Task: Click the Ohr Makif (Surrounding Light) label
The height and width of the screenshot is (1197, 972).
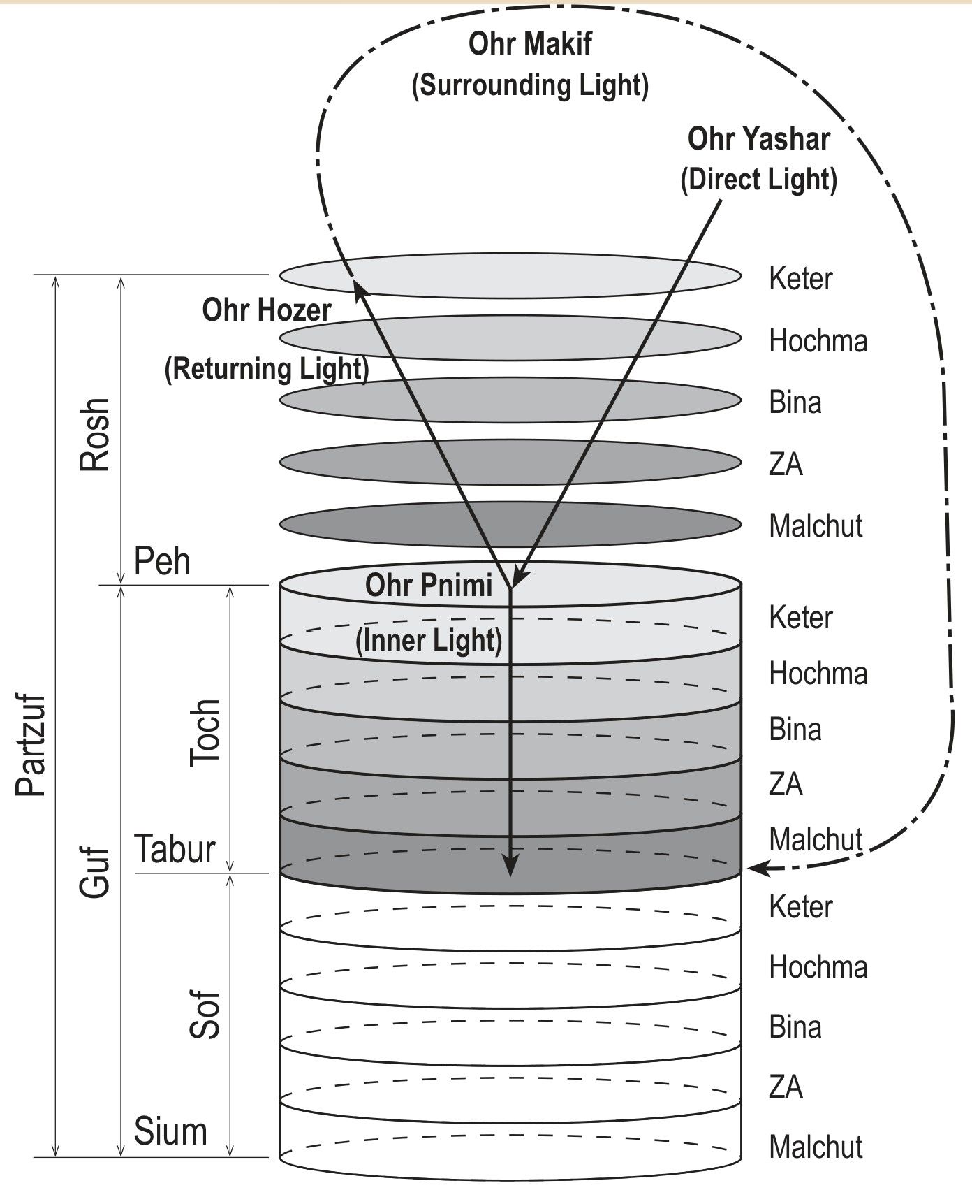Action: pyautogui.click(x=531, y=64)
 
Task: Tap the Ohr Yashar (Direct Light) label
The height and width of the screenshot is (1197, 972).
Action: pyautogui.click(x=759, y=159)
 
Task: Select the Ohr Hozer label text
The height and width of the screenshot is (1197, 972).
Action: pyautogui.click(x=266, y=310)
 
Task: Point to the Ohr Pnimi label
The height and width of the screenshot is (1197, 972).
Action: pyautogui.click(x=429, y=586)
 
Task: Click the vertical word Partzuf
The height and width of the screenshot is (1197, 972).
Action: pyautogui.click(x=31, y=746)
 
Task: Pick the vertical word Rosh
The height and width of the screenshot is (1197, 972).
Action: pyautogui.click(x=95, y=434)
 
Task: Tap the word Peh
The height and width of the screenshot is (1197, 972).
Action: pyautogui.click(x=162, y=561)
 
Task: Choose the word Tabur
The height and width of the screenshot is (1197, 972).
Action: pyautogui.click(x=175, y=850)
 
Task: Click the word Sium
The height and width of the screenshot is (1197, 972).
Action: pyautogui.click(x=170, y=1131)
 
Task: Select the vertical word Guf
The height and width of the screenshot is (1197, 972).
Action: pyautogui.click(x=95, y=872)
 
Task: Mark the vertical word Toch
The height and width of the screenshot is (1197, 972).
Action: pyautogui.click(x=205, y=733)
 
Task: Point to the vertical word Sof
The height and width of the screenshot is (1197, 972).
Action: pyautogui.click(x=205, y=1015)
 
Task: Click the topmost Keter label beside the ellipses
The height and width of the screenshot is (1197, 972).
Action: pyautogui.click(x=800, y=278)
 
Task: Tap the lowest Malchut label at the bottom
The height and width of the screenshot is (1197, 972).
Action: pyautogui.click(x=816, y=1147)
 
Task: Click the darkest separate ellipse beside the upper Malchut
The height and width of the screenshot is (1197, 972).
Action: pyautogui.click(x=510, y=523)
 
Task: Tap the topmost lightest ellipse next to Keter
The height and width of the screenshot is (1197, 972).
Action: pyautogui.click(x=510, y=275)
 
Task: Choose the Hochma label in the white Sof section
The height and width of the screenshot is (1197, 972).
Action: pyautogui.click(x=818, y=967)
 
